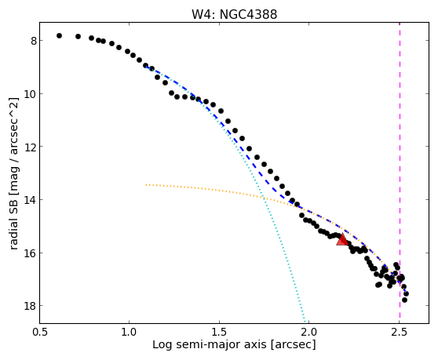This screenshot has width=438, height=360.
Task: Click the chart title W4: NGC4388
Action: pyautogui.click(x=234, y=15)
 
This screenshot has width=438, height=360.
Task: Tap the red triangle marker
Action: pyautogui.click(x=342, y=239)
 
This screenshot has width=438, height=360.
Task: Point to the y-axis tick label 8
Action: pyautogui.click(x=34, y=41)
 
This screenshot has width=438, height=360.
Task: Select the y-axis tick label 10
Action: pyautogui.click(x=30, y=94)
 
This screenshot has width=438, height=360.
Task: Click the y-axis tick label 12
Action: pyautogui.click(x=30, y=147)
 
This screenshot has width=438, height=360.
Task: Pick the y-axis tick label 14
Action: pyautogui.click(x=30, y=200)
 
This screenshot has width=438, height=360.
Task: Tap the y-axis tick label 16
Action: pyautogui.click(x=30, y=253)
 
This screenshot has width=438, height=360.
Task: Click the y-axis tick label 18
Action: pyautogui.click(x=30, y=306)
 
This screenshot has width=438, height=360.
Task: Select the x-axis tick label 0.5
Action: pyautogui.click(x=39, y=333)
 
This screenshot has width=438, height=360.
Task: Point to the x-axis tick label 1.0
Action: pyautogui.click(x=129, y=333)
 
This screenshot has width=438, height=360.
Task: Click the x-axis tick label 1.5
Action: pyautogui.click(x=219, y=333)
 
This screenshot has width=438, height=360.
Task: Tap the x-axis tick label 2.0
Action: pyautogui.click(x=309, y=333)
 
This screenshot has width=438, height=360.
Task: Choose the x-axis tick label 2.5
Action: pyautogui.click(x=400, y=333)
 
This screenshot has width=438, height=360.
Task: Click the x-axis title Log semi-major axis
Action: pyautogui.click(x=210, y=344)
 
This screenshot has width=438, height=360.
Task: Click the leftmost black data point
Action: pyautogui.click(x=59, y=35)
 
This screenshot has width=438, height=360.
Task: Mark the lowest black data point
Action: pyautogui.click(x=404, y=300)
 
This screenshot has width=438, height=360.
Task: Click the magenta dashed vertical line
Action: pyautogui.click(x=400, y=173)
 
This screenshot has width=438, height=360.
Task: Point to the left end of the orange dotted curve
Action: pyautogui.click(x=146, y=184)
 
